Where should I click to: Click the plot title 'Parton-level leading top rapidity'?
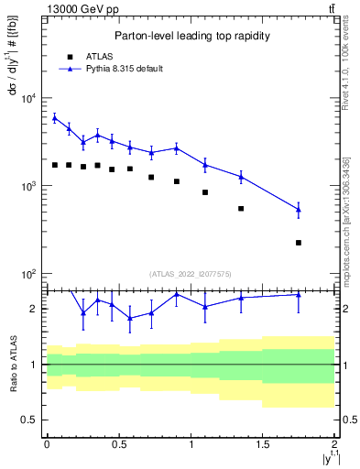click(x=191, y=36)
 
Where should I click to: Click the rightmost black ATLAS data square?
click(x=299, y=243)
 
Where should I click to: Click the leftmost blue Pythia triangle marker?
click(x=54, y=117)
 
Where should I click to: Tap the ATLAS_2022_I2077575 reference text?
click(x=191, y=273)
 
